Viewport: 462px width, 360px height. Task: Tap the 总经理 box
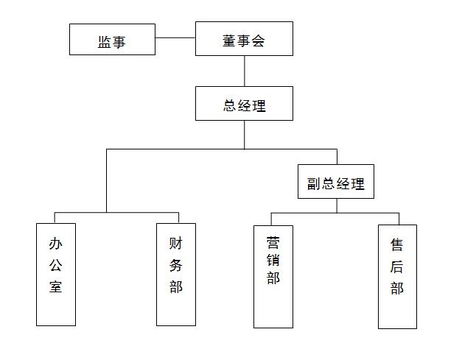click(244, 104)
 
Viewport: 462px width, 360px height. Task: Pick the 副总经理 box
click(336, 182)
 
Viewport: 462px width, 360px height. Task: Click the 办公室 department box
click(56, 274)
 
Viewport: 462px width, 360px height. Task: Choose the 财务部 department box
click(176, 274)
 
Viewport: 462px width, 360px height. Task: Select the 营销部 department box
click(273, 276)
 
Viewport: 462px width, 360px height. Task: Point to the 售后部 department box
click(397, 276)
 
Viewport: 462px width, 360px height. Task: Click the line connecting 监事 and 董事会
click(175, 38)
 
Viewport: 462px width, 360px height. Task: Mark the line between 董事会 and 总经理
click(245, 71)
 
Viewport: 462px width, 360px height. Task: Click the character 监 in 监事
click(105, 42)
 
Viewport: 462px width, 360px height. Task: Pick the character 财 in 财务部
click(176, 244)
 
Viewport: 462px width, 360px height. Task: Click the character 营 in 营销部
click(273, 241)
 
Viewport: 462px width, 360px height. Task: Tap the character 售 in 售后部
click(397, 244)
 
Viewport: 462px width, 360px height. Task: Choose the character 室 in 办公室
click(56, 286)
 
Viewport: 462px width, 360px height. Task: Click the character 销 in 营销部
click(273, 260)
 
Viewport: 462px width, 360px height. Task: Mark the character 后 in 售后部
click(397, 266)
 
